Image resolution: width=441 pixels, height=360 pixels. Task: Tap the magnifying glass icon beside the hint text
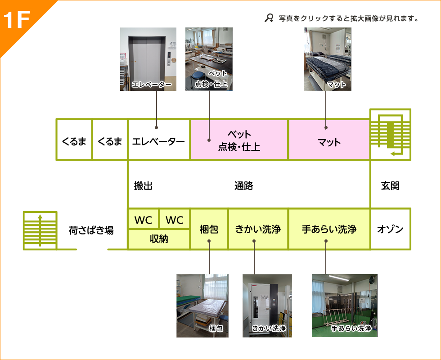coord(269,18)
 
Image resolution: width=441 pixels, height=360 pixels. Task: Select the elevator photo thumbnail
coord(148,59)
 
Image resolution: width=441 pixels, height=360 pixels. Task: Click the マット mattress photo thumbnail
coord(327,59)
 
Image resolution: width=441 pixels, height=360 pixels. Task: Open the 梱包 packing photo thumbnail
coord(202,306)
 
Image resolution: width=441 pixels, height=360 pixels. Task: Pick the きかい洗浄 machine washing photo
coord(267,306)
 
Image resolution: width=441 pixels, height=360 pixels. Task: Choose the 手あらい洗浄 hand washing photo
coord(345,306)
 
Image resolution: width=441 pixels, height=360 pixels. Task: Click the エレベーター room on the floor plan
coord(158,142)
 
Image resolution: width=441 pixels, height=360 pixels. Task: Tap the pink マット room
coord(329,142)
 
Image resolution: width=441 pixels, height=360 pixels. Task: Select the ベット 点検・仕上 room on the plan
coord(239,140)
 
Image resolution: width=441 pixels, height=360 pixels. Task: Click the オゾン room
coord(390,229)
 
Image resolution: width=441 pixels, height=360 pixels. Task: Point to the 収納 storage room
coord(158,239)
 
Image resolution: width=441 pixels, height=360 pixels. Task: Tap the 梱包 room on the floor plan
coord(209,229)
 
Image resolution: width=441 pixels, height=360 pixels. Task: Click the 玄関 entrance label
coord(390,185)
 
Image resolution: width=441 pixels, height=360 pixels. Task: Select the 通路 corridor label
coord(243,185)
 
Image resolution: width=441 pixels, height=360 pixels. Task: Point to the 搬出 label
coord(144,185)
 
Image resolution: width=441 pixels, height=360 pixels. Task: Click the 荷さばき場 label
coord(91,230)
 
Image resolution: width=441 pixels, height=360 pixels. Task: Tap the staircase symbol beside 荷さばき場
coord(40,230)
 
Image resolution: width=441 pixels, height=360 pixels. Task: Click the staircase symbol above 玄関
coord(390,134)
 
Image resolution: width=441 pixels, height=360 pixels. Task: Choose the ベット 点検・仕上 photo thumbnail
coord(209,59)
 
